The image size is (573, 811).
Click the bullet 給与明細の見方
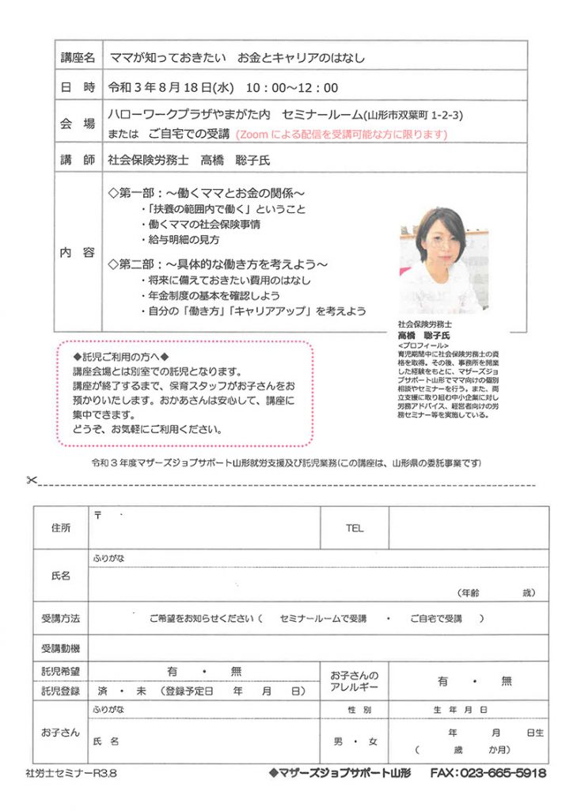(x=180, y=239)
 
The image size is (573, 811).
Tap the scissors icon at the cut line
(x=31, y=480)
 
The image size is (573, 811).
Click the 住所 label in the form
(x=60, y=527)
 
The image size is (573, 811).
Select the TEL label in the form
(x=354, y=527)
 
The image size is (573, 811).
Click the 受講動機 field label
(x=60, y=649)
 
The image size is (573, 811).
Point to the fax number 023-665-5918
(x=488, y=772)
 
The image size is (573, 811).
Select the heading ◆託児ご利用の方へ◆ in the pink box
(x=120, y=355)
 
